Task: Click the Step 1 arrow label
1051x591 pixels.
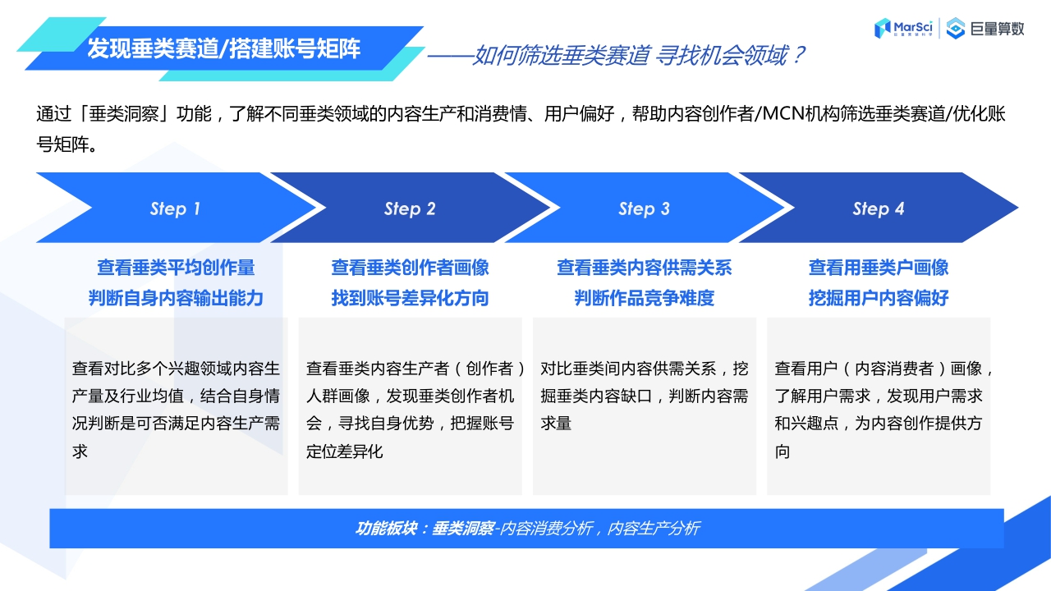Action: pos(175,208)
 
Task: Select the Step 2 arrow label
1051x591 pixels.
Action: pos(410,208)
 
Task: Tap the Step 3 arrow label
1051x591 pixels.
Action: pos(644,208)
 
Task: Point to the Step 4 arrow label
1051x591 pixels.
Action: pos(879,208)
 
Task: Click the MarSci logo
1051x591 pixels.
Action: pos(904,28)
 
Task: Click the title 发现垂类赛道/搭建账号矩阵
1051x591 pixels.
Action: pos(223,48)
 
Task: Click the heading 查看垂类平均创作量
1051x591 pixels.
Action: pos(176,268)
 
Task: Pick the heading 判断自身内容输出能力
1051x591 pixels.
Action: pos(176,298)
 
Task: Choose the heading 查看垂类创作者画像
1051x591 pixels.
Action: pos(410,268)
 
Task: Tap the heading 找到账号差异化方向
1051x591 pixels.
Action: pos(410,298)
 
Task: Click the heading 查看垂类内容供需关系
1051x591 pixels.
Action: pos(644,268)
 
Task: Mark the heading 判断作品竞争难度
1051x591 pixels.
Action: pos(644,298)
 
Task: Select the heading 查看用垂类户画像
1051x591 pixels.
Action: pos(879,268)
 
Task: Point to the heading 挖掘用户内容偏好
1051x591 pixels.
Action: pos(879,298)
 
